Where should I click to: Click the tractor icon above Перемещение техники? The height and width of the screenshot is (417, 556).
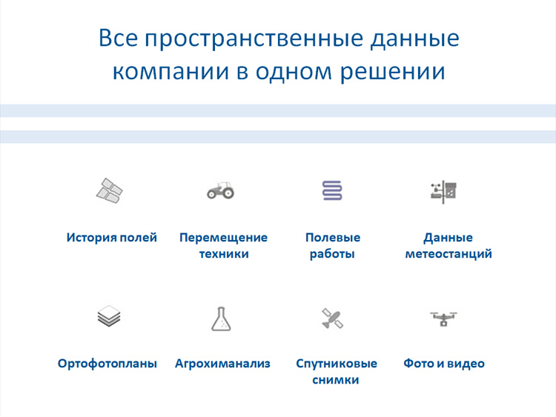pos(220,190)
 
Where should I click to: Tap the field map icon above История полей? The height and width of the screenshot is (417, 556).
pos(110,190)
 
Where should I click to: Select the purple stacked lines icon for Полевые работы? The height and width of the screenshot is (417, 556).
pos(332,190)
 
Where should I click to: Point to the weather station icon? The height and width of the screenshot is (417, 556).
pos(444,190)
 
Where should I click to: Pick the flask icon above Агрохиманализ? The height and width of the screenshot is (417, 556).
pos(221,318)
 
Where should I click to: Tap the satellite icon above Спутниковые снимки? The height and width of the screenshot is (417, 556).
pos(332,318)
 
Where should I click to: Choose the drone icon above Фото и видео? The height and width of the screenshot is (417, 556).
pos(443,318)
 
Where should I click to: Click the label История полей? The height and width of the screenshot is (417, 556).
pos(112,238)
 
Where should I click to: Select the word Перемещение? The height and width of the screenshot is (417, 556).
pos(223,238)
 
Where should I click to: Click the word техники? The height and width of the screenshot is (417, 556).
pos(223,254)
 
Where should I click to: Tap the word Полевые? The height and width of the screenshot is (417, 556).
pos(333,238)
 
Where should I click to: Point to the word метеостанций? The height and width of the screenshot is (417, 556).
pos(449,254)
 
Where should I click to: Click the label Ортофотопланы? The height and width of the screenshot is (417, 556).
pos(107,364)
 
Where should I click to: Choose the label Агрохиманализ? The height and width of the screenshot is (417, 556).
pos(222,364)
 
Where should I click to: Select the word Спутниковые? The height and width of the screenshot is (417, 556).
pos(337,364)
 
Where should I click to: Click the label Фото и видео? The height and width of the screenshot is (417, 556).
pos(444,364)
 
